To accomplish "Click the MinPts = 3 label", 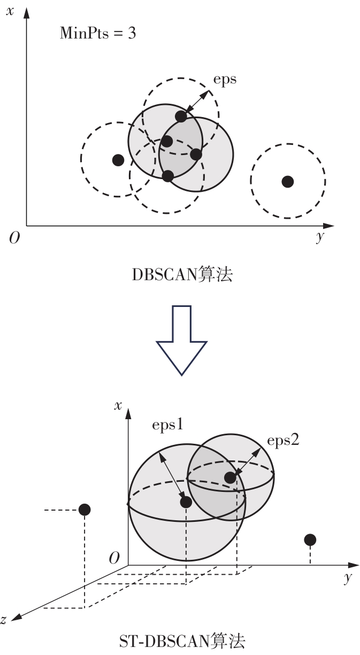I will coord(97,34).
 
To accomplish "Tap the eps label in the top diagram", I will coord(225,79).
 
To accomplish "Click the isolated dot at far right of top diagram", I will coord(288,181).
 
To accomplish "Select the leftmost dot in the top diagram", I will coord(118,159).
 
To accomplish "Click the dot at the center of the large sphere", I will coord(186,502).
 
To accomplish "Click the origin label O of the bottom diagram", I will coord(113,559).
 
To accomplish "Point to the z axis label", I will coord(4,620).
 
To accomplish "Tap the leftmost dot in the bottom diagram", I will coord(84,510).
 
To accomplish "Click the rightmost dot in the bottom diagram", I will coord(310,540).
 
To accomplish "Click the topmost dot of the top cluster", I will coord(181,116).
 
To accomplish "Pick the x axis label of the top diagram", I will coord(10,11).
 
